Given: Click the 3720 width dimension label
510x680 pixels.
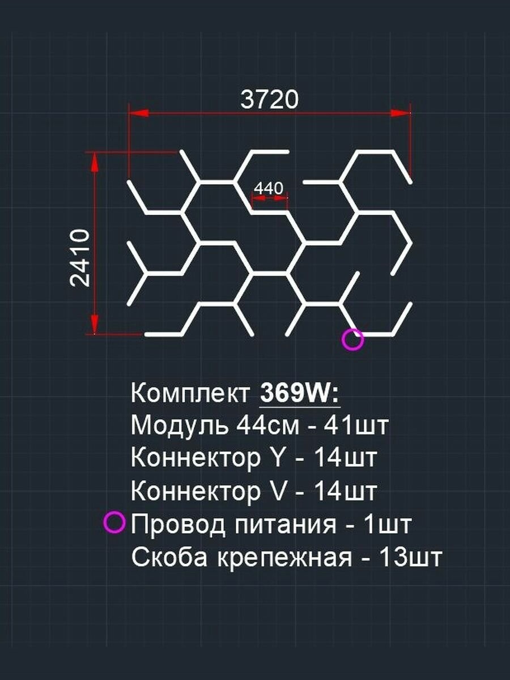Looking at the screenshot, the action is [269, 100].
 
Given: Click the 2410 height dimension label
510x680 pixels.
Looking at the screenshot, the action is [79, 258].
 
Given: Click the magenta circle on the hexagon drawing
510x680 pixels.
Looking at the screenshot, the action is [352, 339].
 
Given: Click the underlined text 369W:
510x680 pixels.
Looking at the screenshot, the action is [300, 393].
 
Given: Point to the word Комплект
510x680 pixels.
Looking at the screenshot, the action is [190, 394].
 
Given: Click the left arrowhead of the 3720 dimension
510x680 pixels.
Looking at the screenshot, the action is [139, 113].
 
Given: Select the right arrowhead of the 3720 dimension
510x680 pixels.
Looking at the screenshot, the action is [400, 113].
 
